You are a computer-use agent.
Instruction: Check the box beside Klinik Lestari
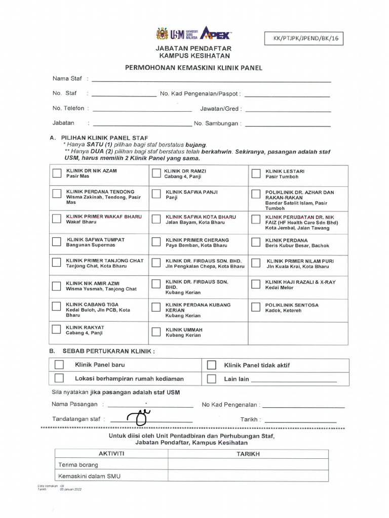pos(257,174)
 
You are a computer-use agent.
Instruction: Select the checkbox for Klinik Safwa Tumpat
pos(57,241)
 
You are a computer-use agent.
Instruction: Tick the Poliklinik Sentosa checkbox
pos(257,307)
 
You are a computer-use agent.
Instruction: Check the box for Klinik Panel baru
pos(59,365)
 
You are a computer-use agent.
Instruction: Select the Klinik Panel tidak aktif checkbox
pos(211,365)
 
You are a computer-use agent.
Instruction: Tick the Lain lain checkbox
pos(211,379)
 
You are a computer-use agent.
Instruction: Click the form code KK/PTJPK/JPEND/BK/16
pos(304,38)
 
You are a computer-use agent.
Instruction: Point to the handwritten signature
pos(140,417)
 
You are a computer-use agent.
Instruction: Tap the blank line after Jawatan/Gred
pos(288,110)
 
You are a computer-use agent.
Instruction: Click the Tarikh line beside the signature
pos(300,421)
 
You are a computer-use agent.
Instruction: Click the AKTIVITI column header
pos(111,454)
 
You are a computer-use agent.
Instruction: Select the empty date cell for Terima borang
pos(248,464)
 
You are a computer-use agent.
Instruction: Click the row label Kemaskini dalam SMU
pos(90,476)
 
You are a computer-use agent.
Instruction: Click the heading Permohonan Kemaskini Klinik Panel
pos(193,67)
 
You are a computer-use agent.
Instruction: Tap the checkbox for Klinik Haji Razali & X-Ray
pos(257,284)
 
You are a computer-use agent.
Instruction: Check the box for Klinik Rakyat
pos(57,329)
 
